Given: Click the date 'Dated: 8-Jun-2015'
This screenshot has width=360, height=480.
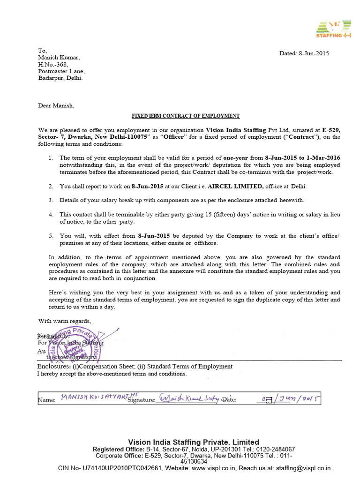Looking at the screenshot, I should (x=304, y=53).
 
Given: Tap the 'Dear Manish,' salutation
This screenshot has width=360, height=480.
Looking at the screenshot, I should (x=56, y=105).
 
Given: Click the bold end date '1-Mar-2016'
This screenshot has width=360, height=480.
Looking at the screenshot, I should (x=323, y=158).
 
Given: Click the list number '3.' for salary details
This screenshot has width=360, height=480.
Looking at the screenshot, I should (x=51, y=200).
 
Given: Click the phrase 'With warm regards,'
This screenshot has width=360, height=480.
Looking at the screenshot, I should (x=65, y=321).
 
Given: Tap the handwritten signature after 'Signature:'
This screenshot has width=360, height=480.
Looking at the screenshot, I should (x=189, y=399).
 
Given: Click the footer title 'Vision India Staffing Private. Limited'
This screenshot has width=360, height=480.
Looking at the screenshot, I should (x=194, y=442).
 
